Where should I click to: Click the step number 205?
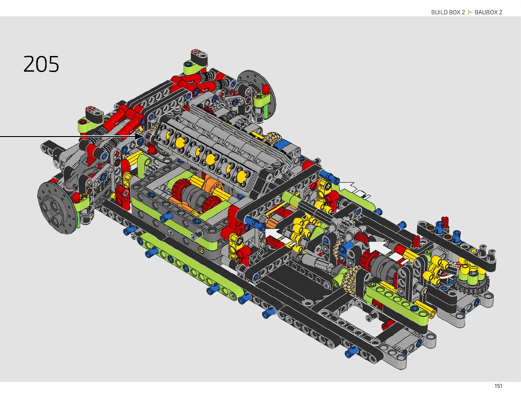coord(41,64)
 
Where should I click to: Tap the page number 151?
coord(498,386)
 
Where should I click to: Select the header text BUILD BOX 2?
coord(448,12)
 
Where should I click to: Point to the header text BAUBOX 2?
coord(488,12)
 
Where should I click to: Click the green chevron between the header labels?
coord(470,12)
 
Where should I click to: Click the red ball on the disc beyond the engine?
coord(265,89)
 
